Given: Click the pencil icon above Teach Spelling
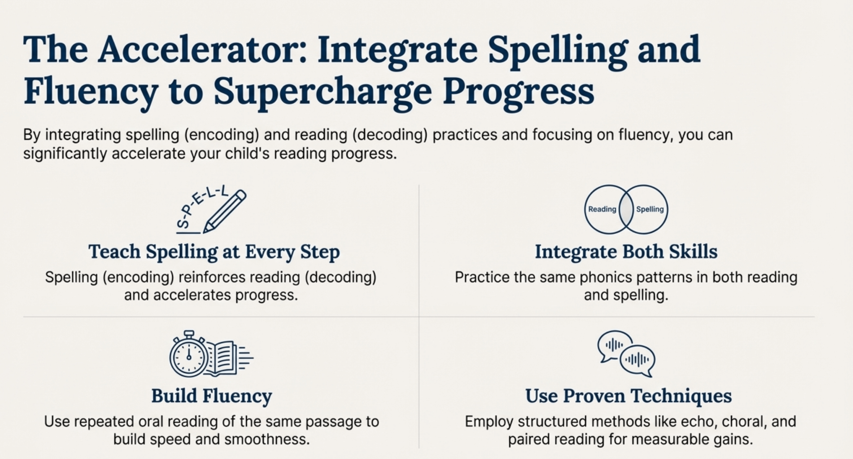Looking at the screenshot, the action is tap(225, 211).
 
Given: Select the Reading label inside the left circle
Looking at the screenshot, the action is tap(602, 209).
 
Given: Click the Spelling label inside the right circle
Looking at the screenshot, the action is tap(650, 209).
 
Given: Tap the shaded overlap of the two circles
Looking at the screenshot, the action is tap(626, 209).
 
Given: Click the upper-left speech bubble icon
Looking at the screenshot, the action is tap(614, 344).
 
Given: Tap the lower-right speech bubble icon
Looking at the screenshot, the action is tap(637, 360).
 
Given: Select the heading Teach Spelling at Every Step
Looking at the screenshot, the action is tap(214, 252).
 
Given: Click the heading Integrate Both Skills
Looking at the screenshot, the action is tap(626, 252).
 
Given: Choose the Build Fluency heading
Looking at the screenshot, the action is tap(212, 396).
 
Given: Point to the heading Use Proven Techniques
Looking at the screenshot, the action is tap(628, 396).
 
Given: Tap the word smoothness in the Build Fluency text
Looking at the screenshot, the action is tap(267, 439).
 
